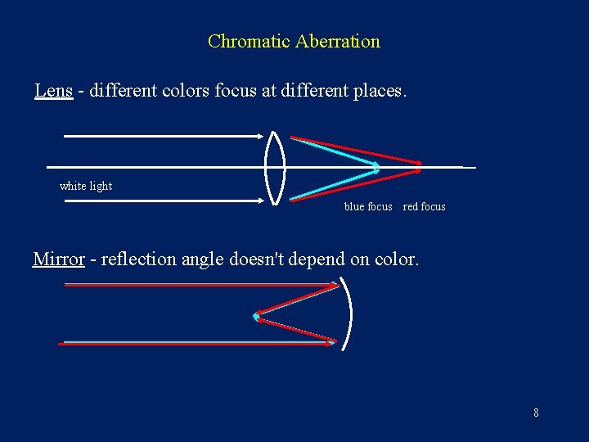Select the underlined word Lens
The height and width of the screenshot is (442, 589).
pos(53,90)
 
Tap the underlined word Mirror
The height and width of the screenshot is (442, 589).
pos(59,259)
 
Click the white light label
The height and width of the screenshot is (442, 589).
pos(86,186)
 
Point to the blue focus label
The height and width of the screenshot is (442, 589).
pos(368,206)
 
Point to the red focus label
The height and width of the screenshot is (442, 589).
pos(425,206)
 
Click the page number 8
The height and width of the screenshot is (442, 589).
pos(536,413)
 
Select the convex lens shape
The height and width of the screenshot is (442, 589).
pos(275,167)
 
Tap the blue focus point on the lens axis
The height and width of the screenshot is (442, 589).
pos(377,167)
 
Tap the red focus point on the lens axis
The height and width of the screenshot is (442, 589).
pos(420,166)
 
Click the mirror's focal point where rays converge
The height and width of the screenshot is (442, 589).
pos(256,315)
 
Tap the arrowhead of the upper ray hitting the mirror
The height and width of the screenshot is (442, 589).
pos(335,285)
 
